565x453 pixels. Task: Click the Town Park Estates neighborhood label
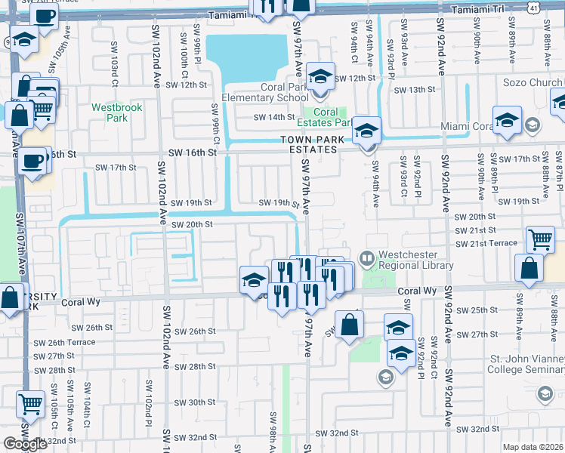[x=309, y=144]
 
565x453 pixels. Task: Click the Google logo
[x=25, y=443]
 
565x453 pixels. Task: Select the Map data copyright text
[x=533, y=447]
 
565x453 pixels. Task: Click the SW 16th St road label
[x=192, y=152]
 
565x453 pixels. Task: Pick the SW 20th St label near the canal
[x=192, y=224]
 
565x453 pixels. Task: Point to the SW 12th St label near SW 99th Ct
[x=187, y=85]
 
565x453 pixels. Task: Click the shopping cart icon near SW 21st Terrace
[x=540, y=239]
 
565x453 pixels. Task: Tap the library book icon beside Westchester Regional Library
[x=368, y=260]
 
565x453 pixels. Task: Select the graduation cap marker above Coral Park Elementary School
[x=321, y=77]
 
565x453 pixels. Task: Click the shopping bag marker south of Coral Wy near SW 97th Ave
[x=350, y=326]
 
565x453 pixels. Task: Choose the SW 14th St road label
[x=273, y=117]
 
